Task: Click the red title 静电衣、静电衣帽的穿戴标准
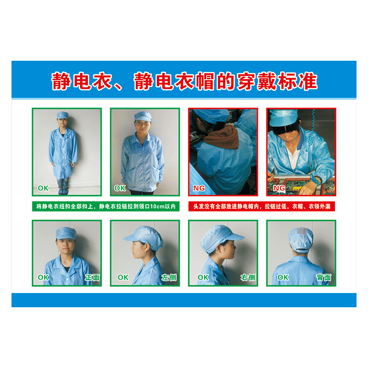184,81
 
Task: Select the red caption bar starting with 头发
262,206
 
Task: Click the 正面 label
92,278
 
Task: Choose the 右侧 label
248,278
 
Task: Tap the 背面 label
324,278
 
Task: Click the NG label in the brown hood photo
199,188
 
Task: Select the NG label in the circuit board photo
279,188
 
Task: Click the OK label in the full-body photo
43,188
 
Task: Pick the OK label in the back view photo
283,277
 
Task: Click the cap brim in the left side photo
131,237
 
